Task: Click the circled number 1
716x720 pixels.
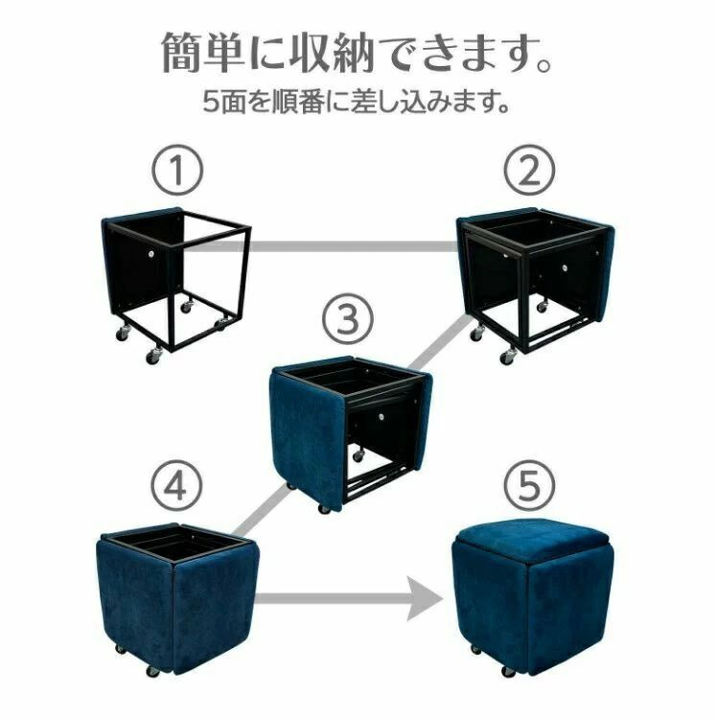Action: [x=177, y=170]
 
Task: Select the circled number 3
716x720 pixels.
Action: [x=347, y=318]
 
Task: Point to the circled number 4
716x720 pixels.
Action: [x=176, y=485]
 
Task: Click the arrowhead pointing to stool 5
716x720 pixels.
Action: [x=424, y=598]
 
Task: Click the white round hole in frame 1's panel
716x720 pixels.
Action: [x=151, y=253]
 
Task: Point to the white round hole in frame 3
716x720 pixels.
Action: [x=381, y=416]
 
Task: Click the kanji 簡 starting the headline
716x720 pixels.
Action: [x=182, y=52]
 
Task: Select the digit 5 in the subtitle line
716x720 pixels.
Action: [x=211, y=102]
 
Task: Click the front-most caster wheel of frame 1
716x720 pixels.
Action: [x=152, y=357]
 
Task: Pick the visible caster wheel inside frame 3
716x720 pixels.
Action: [x=358, y=455]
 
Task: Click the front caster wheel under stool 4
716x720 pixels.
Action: [x=152, y=671]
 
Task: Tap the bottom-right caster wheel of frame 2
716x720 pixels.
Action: [x=508, y=357]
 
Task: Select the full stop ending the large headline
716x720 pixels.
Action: [x=544, y=64]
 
